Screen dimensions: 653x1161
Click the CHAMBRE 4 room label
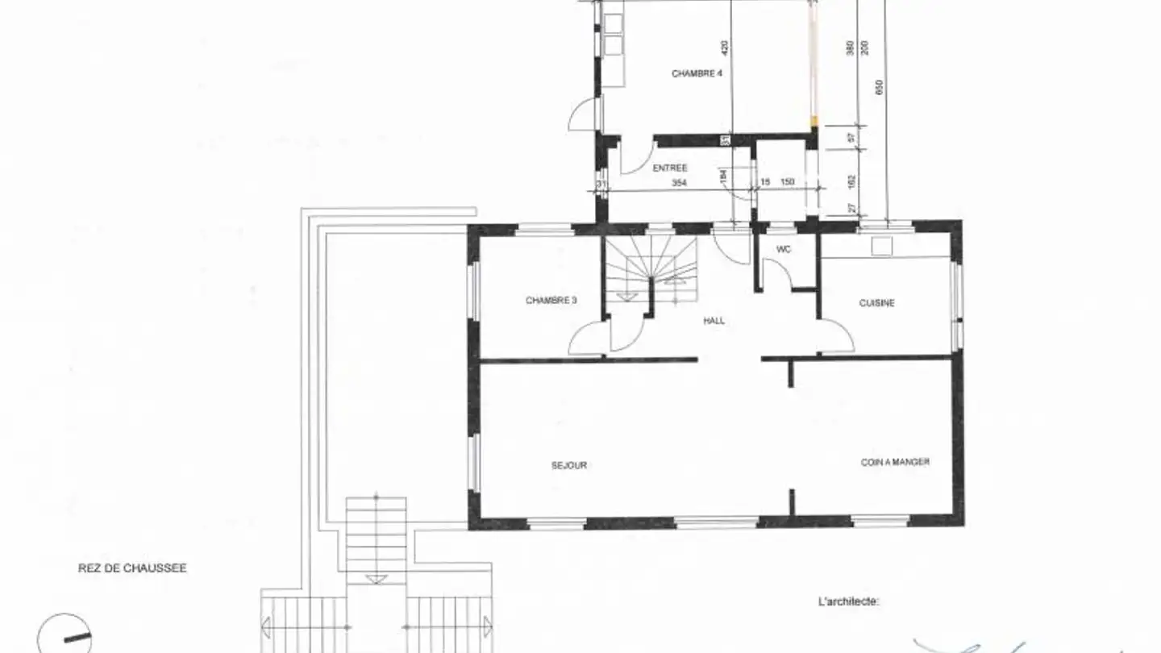[x=697, y=73]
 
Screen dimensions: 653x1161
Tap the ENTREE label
[x=670, y=168]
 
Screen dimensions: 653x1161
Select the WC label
[x=784, y=250]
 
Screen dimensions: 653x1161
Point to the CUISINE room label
[x=876, y=303]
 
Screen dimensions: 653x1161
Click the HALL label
[x=714, y=320]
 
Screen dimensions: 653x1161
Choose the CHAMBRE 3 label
[x=551, y=301]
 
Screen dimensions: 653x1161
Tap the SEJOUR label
[x=569, y=465]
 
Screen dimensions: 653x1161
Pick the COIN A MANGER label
[x=895, y=462]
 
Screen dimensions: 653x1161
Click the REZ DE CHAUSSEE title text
[x=132, y=568]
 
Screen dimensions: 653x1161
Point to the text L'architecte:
[x=848, y=601]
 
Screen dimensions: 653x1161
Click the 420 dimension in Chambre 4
[x=724, y=48]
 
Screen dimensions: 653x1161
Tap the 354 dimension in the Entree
[x=678, y=183]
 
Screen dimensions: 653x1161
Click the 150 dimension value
[x=788, y=182]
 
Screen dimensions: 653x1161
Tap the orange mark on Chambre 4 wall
[x=814, y=122]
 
